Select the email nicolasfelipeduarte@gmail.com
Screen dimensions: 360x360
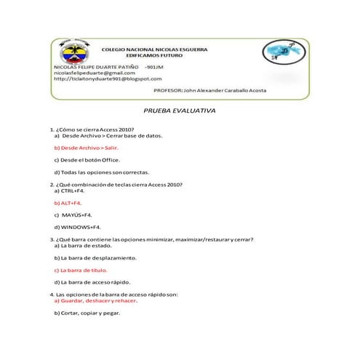[x=95, y=73]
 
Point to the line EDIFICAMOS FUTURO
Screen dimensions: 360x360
[x=153, y=55]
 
